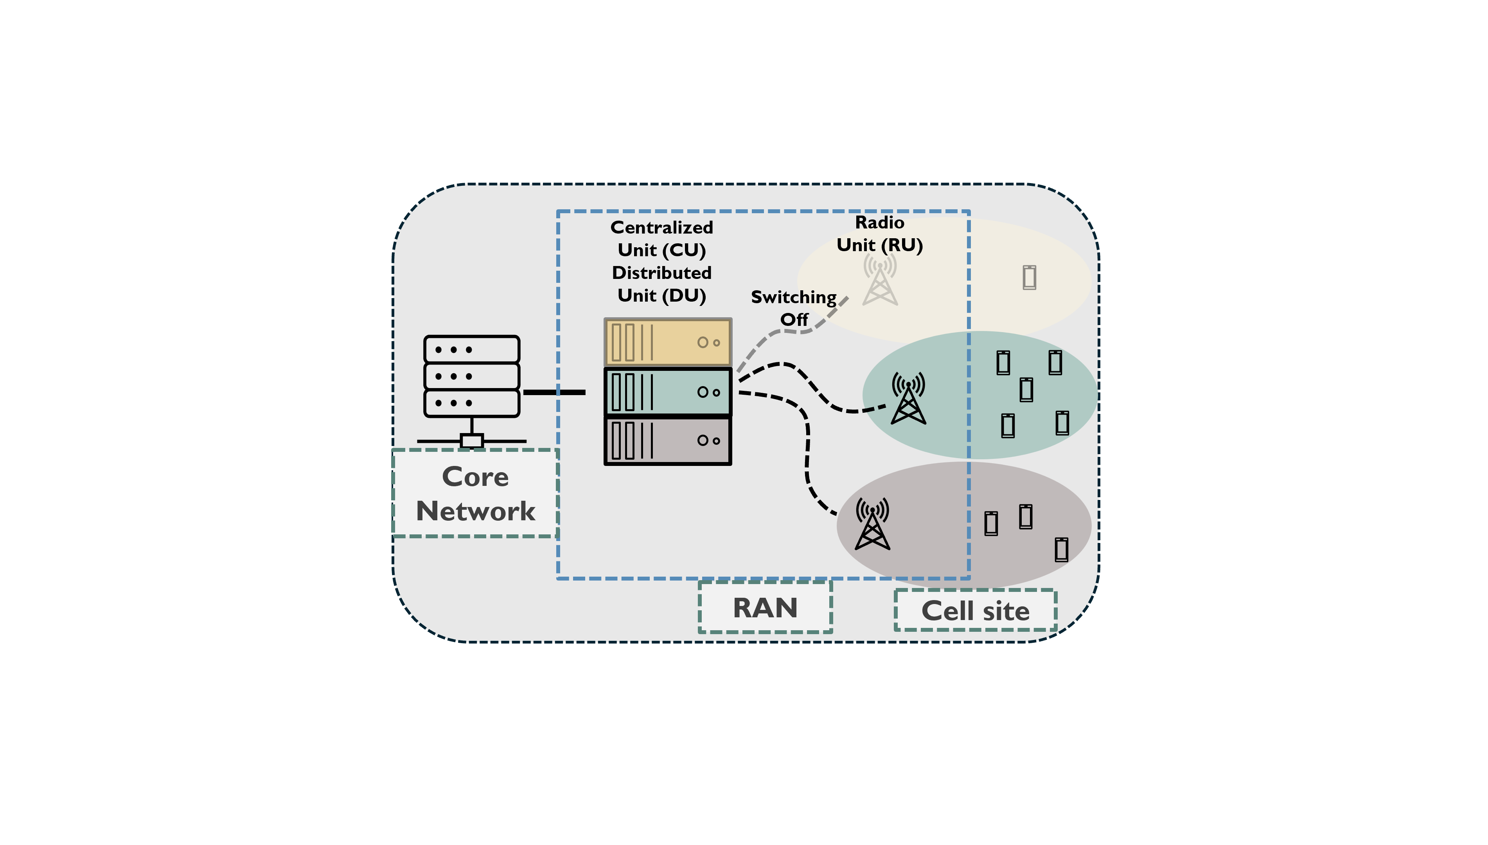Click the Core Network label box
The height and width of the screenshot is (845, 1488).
point(475,493)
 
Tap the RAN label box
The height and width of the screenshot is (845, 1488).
point(765,607)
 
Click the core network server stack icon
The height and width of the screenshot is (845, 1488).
point(472,376)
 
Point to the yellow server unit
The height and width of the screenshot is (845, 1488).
point(668,342)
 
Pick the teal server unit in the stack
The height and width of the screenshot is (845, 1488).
point(668,392)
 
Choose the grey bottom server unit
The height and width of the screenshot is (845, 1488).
point(668,440)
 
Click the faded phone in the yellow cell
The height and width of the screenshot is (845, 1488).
point(1029,277)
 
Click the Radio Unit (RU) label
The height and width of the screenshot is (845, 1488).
point(879,234)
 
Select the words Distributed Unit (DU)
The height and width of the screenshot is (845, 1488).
point(661,284)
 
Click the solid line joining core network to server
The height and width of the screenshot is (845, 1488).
point(554,393)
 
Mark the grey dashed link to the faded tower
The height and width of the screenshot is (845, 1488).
point(789,331)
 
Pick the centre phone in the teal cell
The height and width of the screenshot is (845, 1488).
point(1026,389)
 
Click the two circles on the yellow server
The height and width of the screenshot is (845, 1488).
point(708,342)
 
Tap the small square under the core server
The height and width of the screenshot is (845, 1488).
point(472,441)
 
